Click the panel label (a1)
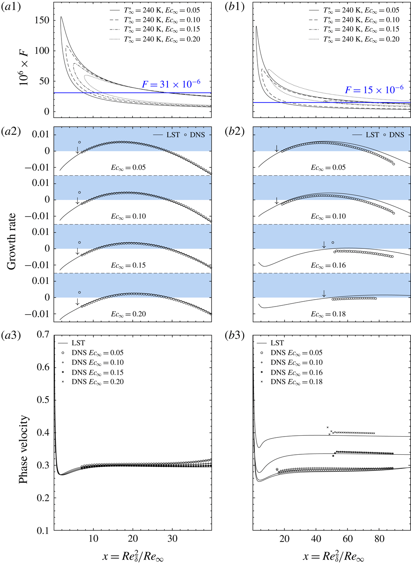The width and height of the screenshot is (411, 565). pyautogui.click(x=12, y=7)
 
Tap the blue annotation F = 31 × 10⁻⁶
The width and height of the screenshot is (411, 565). pyautogui.click(x=171, y=84)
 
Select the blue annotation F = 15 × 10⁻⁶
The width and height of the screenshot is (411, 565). pyautogui.click(x=374, y=90)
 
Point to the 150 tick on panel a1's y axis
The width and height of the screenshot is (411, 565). pyautogui.click(x=42, y=20)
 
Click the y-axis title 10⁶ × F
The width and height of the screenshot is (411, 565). pyautogui.click(x=24, y=65)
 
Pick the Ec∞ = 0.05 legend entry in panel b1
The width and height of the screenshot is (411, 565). pyautogui.click(x=361, y=10)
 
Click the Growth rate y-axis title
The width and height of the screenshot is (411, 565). pyautogui.click(x=11, y=241)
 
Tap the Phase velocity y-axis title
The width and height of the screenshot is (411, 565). pyautogui.click(x=23, y=449)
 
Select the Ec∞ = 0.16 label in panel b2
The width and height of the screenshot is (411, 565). pyautogui.click(x=328, y=265)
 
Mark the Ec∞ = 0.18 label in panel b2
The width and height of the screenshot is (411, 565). pyautogui.click(x=328, y=314)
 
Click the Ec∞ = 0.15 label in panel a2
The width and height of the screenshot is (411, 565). pyautogui.click(x=128, y=265)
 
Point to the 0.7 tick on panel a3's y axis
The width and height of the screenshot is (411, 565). pyautogui.click(x=43, y=334)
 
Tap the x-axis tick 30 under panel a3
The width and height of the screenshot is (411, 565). pyautogui.click(x=172, y=538)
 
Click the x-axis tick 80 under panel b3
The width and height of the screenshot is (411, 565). pyautogui.click(x=379, y=538)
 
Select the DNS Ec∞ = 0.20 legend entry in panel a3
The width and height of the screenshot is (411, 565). pyautogui.click(x=97, y=382)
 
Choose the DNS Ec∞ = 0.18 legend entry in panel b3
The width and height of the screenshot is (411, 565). pyautogui.click(x=297, y=382)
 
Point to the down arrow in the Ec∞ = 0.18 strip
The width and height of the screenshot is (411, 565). pyautogui.click(x=324, y=294)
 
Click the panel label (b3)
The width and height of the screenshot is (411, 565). pyautogui.click(x=235, y=335)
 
